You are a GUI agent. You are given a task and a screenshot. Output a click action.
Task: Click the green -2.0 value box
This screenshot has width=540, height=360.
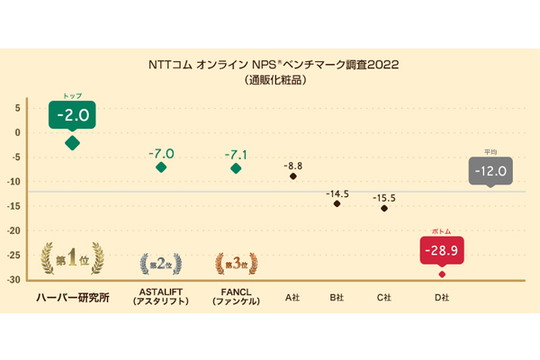click(73, 116)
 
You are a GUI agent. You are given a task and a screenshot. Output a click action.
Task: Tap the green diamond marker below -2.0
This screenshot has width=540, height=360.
click(73, 142)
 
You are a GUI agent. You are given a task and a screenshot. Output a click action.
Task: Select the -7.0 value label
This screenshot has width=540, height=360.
click(161, 154)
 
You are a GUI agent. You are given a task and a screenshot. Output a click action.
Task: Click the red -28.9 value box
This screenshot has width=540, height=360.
click(441, 249)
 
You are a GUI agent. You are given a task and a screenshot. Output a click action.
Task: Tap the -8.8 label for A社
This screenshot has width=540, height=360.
click(293, 166)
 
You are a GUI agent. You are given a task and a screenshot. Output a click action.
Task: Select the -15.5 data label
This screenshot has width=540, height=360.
click(385, 197)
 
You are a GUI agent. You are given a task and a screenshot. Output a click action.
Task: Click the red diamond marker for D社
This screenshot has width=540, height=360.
click(442, 274)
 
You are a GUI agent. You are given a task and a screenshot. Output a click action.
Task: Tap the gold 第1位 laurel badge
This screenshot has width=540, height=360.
click(72, 260)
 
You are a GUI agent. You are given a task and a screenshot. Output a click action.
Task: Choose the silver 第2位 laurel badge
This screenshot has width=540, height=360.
click(161, 264)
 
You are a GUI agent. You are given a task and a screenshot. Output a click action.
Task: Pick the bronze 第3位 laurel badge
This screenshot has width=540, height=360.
click(236, 264)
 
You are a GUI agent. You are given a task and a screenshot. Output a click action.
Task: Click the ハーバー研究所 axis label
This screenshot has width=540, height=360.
click(72, 298)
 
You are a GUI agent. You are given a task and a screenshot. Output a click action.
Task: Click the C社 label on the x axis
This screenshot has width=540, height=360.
click(385, 296)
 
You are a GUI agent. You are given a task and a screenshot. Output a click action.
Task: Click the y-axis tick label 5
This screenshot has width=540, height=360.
click(16, 107)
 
